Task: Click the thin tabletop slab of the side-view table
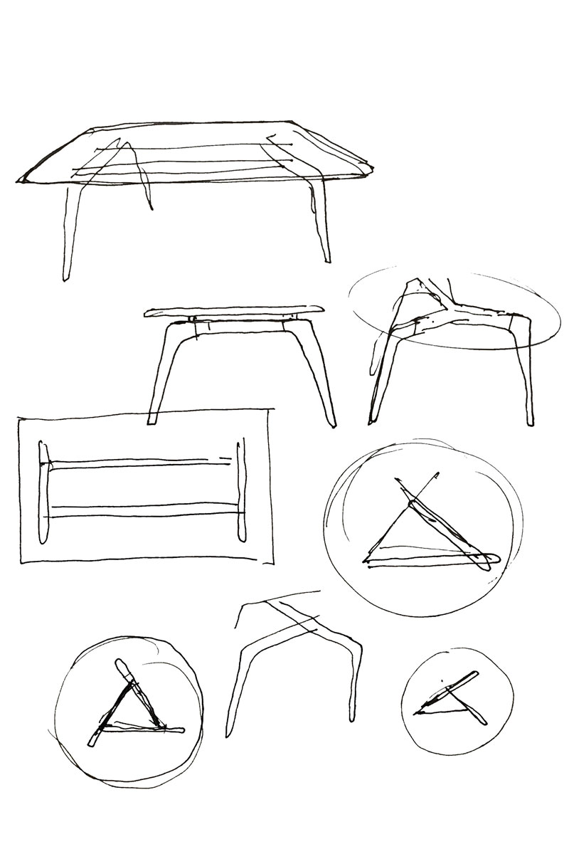pos(235,311)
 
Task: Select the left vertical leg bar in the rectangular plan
pos(44,491)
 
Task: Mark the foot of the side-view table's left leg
pos(151,420)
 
